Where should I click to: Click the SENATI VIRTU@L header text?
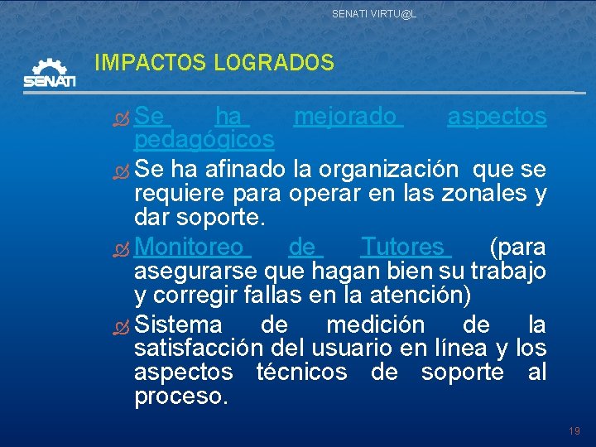[x=374, y=13]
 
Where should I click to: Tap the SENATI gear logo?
[x=50, y=73]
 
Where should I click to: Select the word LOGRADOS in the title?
[x=274, y=62]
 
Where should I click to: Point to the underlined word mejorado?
[x=348, y=117]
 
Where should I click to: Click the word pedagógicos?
[x=204, y=138]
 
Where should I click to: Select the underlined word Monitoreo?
[x=190, y=247]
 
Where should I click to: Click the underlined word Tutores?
[x=405, y=247]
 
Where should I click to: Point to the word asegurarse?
[x=195, y=271]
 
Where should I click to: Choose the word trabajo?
[x=507, y=271]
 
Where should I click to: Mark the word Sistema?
[x=178, y=324]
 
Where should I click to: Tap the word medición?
[x=375, y=324]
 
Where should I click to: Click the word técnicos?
[x=301, y=372]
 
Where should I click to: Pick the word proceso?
[x=180, y=397]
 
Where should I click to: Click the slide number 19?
[x=575, y=431]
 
